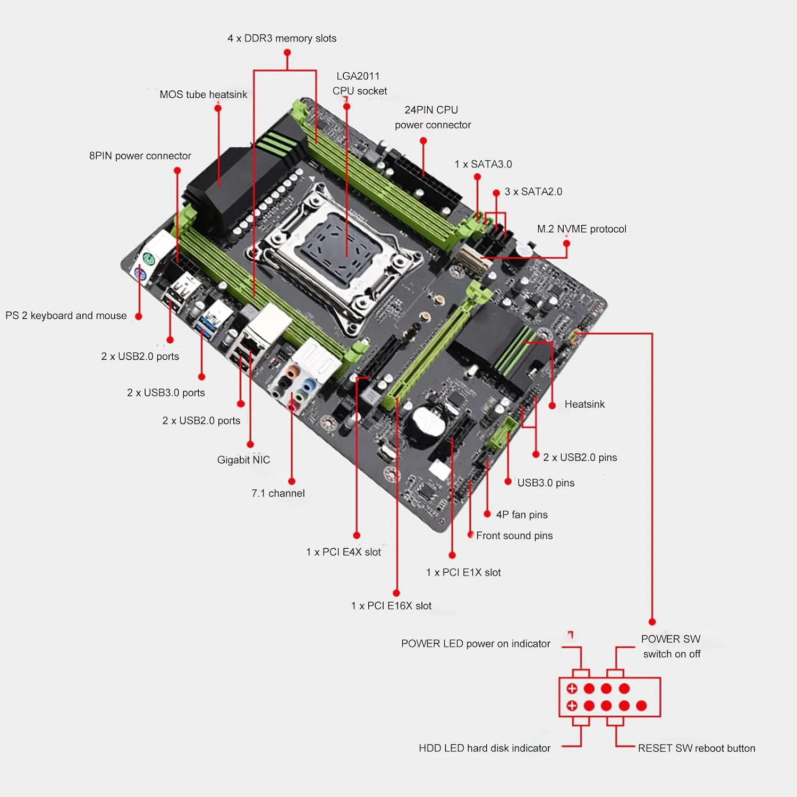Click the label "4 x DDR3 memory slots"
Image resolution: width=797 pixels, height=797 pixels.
[282, 38]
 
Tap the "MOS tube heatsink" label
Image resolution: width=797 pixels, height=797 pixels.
[203, 95]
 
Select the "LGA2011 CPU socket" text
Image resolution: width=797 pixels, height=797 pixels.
[359, 83]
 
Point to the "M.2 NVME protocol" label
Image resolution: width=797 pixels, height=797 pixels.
[581, 229]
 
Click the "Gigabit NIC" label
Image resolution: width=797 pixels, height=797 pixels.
[243, 460]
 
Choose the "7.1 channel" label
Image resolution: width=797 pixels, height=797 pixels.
[278, 493]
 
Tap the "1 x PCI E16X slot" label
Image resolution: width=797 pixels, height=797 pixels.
[391, 606]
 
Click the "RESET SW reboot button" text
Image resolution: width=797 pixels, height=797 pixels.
[696, 748]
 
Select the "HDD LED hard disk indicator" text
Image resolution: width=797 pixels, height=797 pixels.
[484, 748]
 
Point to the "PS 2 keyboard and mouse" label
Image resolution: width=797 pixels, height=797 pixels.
[66, 316]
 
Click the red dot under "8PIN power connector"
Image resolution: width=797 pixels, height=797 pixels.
[177, 171]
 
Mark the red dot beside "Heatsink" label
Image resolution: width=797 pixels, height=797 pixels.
[552, 405]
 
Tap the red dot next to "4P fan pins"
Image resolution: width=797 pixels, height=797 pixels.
[487, 514]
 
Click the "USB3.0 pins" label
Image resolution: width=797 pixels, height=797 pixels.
[546, 483]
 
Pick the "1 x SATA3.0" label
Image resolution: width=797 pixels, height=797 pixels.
[483, 164]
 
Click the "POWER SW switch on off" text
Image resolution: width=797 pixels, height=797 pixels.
[671, 646]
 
